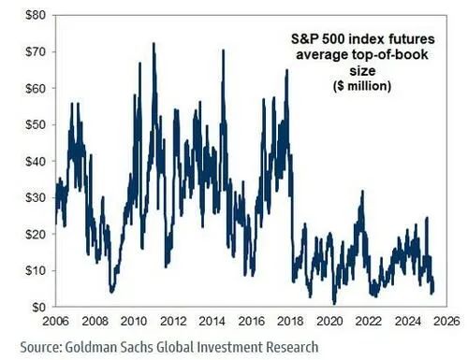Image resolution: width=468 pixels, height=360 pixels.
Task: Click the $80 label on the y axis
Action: (x=36, y=15)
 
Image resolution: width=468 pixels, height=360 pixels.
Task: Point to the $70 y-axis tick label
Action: (x=36, y=51)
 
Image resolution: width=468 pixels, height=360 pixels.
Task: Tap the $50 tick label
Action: (x=36, y=124)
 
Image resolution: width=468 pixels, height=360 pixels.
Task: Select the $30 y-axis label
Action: (x=36, y=197)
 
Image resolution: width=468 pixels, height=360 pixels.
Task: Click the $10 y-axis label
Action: (x=36, y=270)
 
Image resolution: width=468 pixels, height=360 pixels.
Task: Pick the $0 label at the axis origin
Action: (x=38, y=307)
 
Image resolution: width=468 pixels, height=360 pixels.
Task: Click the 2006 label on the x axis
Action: (x=55, y=321)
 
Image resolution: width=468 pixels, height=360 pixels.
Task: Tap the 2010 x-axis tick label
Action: (x=134, y=321)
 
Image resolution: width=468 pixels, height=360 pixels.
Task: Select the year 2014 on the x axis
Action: (x=212, y=321)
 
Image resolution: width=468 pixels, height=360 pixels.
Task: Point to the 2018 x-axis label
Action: (x=290, y=321)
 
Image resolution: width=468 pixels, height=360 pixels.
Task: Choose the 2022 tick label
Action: (x=369, y=321)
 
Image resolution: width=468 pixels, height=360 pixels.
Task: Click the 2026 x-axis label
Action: (x=446, y=321)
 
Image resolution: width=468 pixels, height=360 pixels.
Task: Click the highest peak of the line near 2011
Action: (x=154, y=43)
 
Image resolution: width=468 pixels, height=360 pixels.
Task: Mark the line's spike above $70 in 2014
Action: (x=224, y=50)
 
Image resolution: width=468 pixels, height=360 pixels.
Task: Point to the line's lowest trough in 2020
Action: (x=334, y=303)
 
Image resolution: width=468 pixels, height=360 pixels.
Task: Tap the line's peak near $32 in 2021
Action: (x=362, y=191)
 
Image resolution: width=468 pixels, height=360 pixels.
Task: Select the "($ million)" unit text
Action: (x=362, y=86)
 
